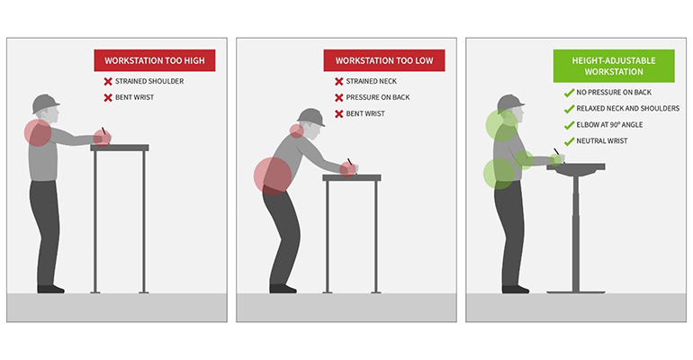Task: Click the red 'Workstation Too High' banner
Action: tap(155, 60)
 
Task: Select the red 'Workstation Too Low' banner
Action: tap(384, 60)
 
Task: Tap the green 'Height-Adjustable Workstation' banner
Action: tap(614, 66)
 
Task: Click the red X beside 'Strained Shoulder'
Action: tap(108, 81)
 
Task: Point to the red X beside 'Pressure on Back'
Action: tap(339, 97)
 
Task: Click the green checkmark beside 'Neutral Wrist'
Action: tap(569, 141)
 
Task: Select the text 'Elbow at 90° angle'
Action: tap(609, 125)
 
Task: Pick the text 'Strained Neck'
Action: tap(371, 81)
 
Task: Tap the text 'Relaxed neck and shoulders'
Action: tap(628, 109)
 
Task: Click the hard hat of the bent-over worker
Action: tap(310, 117)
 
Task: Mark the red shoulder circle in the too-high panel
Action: tap(38, 132)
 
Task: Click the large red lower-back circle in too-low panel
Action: tap(273, 175)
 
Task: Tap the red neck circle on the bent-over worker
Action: tap(297, 130)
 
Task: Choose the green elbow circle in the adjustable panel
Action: tap(525, 160)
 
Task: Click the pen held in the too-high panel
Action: tap(104, 133)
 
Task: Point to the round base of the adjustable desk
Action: tap(575, 292)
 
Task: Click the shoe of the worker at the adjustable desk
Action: tap(516, 289)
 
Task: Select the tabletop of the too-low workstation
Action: tap(351, 178)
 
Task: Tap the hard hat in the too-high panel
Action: tap(46, 103)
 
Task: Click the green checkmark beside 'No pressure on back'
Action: tap(569, 93)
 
